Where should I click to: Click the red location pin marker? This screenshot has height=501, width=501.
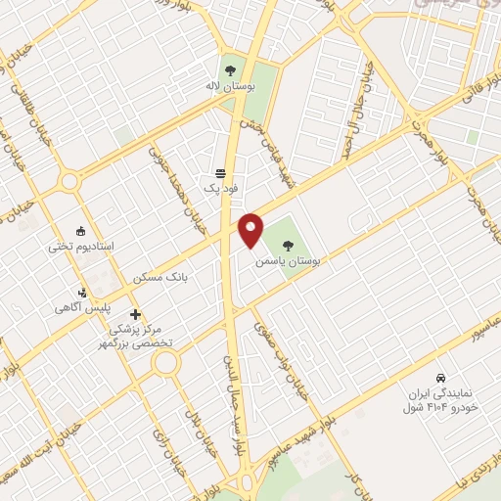(x=251, y=229)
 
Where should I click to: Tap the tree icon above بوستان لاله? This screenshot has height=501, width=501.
(x=231, y=70)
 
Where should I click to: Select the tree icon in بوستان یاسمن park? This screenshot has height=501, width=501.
(x=291, y=245)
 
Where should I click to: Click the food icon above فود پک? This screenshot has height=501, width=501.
(x=219, y=169)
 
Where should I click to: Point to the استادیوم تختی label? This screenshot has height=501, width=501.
(x=81, y=247)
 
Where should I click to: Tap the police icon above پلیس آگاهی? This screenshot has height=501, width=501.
(x=84, y=292)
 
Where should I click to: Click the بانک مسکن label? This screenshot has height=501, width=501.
(x=163, y=278)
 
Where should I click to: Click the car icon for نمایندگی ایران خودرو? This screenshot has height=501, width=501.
(x=441, y=377)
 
